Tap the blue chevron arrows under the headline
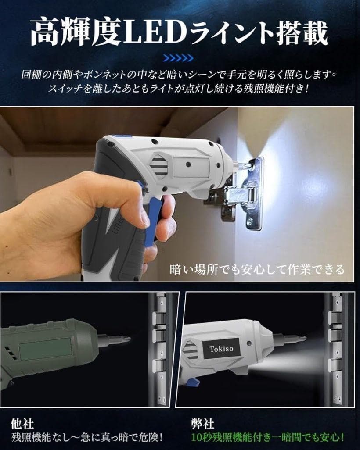point(178,58)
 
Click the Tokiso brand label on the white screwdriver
point(221,349)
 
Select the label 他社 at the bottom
point(22,424)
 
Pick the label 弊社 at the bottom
point(203,424)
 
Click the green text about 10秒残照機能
point(267,437)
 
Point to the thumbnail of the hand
point(143,220)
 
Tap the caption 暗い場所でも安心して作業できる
point(257,269)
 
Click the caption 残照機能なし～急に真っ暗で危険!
point(87,437)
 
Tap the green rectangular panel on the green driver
point(45,349)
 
